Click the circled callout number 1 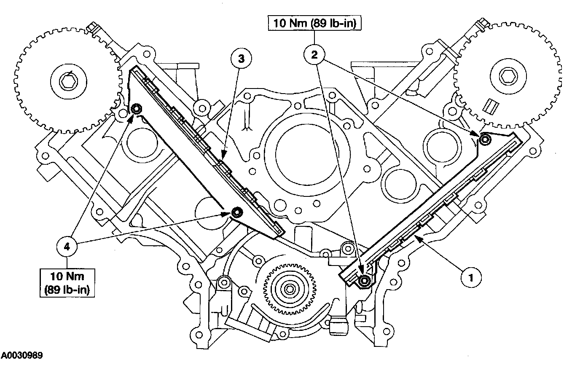pyautogui.click(x=471, y=277)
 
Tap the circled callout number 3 pyautogui.click(x=241, y=59)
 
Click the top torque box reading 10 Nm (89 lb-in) pyautogui.click(x=314, y=24)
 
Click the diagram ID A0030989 pyautogui.click(x=21, y=356)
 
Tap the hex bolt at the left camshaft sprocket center pyautogui.click(x=66, y=81)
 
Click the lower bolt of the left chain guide pyautogui.click(x=236, y=212)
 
